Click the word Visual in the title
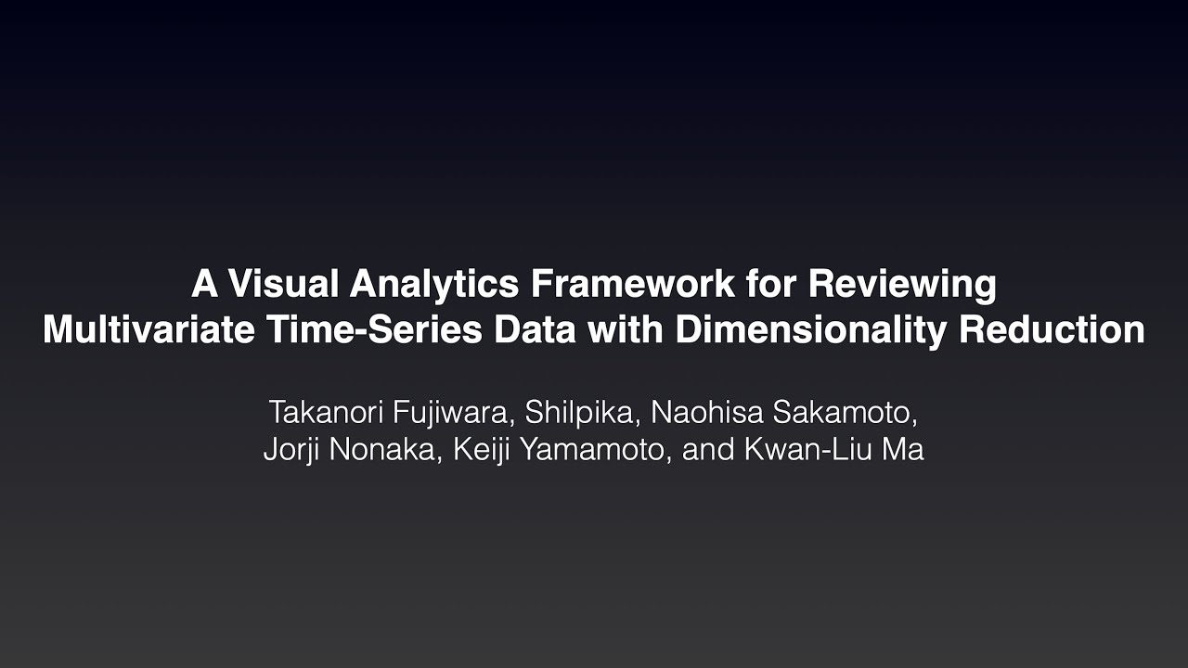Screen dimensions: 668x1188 click(283, 284)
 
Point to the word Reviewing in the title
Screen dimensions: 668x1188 click(901, 284)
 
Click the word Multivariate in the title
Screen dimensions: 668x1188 click(148, 330)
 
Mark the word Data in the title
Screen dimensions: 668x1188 click(536, 330)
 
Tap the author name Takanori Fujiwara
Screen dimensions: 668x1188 click(388, 411)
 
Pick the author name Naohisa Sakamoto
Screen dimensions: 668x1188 click(786, 411)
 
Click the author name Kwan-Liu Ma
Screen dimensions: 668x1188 click(833, 450)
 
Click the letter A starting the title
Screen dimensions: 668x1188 click(203, 284)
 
